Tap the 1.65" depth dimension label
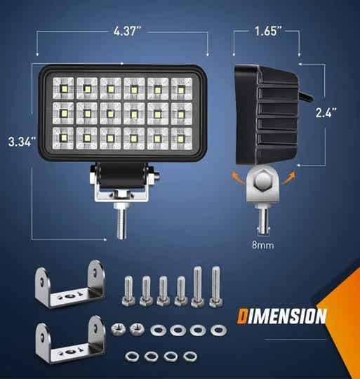coord(269,32)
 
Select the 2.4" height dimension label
coord(326,111)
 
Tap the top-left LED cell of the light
coord(63,88)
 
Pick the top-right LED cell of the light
coord(181,88)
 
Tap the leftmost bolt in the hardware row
coord(129,292)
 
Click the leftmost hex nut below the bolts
coord(119,329)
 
